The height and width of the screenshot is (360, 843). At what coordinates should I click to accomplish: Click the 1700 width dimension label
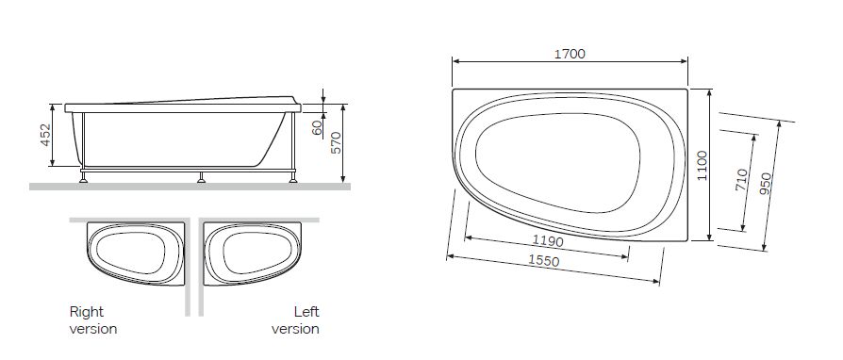(x=570, y=54)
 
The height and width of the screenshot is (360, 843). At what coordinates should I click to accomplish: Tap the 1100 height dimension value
(x=702, y=166)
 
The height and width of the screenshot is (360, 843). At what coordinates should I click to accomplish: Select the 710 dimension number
(x=741, y=179)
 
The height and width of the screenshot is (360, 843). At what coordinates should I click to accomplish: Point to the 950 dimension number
(x=766, y=185)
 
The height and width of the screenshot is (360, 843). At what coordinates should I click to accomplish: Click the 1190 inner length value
(x=549, y=240)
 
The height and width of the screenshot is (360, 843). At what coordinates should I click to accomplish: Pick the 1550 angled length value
(x=543, y=261)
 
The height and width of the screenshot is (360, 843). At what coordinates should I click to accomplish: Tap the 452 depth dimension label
(x=45, y=135)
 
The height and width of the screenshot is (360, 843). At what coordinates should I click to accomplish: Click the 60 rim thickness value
(x=317, y=127)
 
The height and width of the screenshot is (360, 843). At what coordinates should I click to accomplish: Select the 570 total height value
(x=336, y=143)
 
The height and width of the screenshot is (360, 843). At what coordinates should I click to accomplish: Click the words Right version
(x=93, y=320)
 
